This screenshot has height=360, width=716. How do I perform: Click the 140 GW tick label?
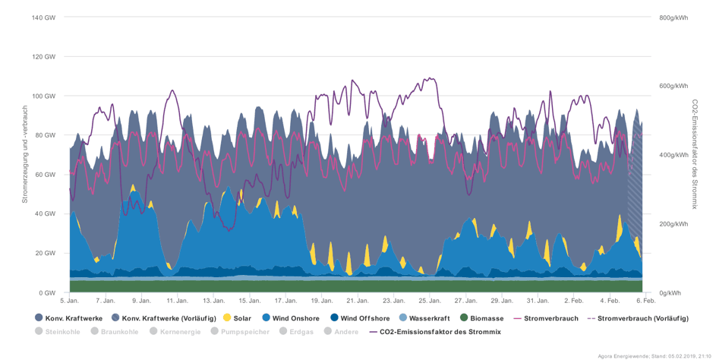tap(44, 17)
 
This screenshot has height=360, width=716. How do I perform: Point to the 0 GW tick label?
tap(47, 292)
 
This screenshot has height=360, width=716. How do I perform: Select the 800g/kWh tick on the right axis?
tap(673, 17)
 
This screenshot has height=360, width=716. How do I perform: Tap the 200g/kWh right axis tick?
tap(673, 224)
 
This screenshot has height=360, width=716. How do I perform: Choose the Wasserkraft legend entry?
tap(431, 318)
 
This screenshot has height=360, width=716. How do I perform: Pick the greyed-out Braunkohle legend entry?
tap(117, 331)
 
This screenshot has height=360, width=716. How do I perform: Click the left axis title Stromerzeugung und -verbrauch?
tap(25, 155)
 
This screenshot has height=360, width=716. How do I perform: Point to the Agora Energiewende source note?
tap(652, 355)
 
